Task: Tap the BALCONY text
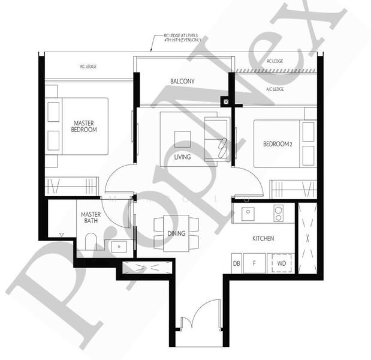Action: pyautogui.click(x=182, y=81)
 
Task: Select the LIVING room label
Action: pyautogui.click(x=182, y=157)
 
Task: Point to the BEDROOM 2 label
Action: pyautogui.click(x=277, y=144)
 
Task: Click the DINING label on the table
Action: pyautogui.click(x=176, y=233)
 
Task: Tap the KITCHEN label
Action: pyautogui.click(x=263, y=239)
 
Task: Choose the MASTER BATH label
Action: pyautogui.click(x=91, y=217)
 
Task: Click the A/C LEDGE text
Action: pyautogui.click(x=275, y=89)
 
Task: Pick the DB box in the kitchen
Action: pyautogui.click(x=237, y=263)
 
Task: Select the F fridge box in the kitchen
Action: pyautogui.click(x=254, y=263)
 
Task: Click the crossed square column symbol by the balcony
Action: pyautogui.click(x=225, y=102)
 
